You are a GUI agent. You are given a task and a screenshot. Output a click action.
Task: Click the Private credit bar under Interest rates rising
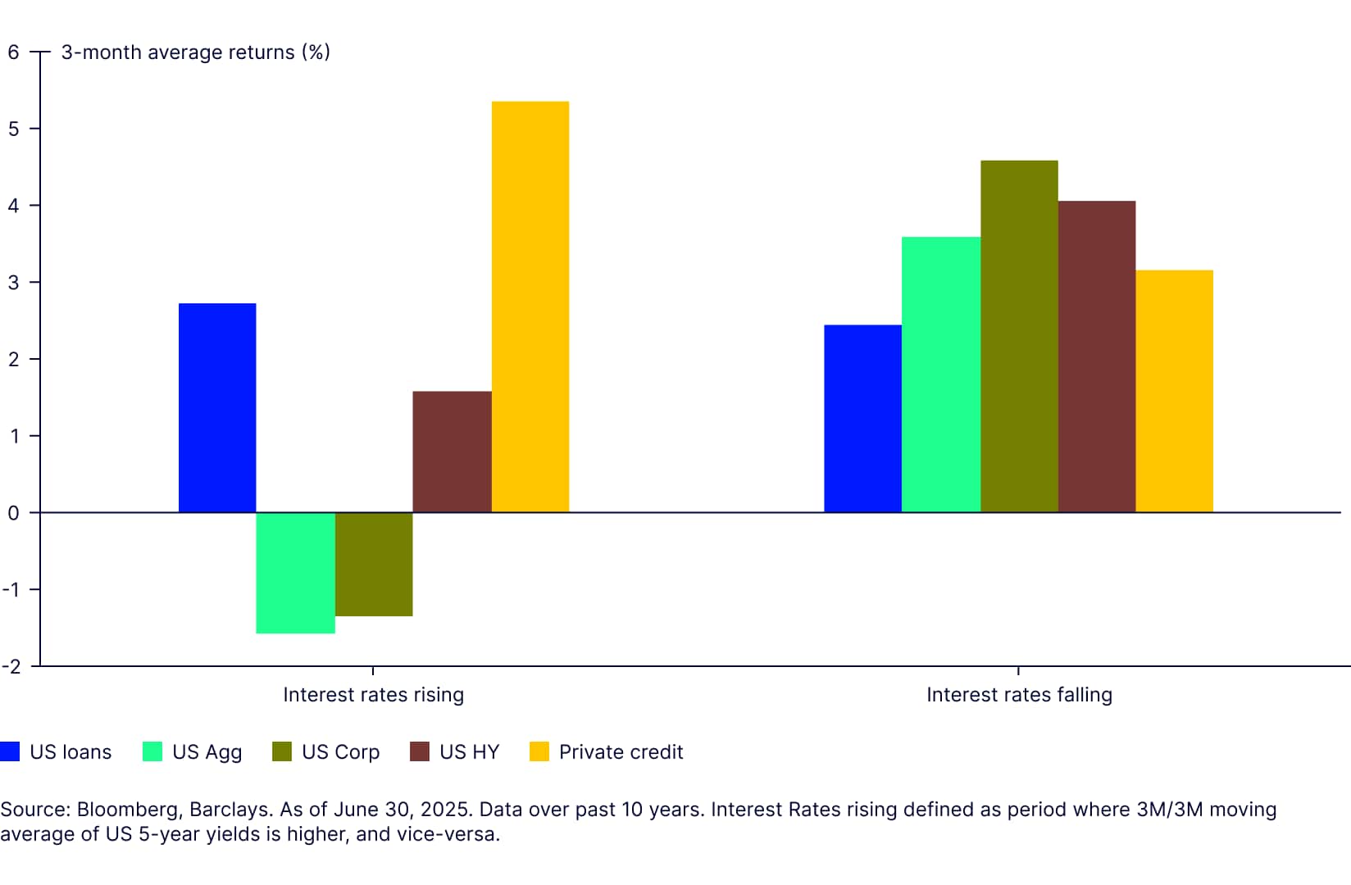(x=530, y=307)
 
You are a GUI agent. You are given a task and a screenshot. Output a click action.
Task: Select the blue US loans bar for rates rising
(x=217, y=408)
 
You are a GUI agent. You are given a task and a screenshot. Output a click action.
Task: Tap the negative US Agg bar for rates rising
(x=295, y=573)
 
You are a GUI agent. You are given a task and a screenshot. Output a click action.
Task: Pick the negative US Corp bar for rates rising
(x=374, y=564)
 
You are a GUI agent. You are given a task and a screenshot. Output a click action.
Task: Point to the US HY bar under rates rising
(x=452, y=452)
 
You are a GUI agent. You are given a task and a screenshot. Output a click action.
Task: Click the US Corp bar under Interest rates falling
(x=1019, y=337)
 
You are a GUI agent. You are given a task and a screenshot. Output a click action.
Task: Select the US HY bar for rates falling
(x=1097, y=356)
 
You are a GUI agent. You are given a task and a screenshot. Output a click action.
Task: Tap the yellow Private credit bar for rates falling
(x=1174, y=392)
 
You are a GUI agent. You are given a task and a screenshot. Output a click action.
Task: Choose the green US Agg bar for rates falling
(x=941, y=374)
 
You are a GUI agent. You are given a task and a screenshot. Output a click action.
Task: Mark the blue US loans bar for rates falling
(x=862, y=419)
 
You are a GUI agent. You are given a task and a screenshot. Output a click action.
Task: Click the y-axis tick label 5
(x=13, y=129)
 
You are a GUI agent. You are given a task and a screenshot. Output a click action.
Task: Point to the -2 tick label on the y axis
(x=11, y=666)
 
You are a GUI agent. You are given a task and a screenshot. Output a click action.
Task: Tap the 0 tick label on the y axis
(x=13, y=513)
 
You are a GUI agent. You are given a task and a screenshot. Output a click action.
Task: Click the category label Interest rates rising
(x=373, y=695)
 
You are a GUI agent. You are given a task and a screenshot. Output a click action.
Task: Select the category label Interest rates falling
(x=1019, y=695)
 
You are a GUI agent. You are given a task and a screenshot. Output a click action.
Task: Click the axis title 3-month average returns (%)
(x=195, y=52)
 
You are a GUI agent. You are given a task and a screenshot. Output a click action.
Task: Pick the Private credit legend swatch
(x=539, y=751)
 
